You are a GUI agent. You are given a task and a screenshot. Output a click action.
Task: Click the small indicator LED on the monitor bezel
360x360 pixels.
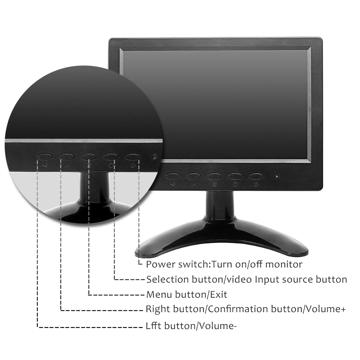tap(277, 177)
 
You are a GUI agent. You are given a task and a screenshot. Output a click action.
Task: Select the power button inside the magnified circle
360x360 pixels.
tap(133, 157)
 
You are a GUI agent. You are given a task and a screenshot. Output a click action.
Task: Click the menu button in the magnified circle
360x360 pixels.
tap(89, 157)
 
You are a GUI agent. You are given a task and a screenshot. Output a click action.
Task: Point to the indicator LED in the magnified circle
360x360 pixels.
tap(154, 157)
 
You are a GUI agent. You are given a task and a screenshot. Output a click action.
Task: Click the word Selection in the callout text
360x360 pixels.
tap(167, 279)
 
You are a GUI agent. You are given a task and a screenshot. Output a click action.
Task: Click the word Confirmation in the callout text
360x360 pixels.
tap(238, 309)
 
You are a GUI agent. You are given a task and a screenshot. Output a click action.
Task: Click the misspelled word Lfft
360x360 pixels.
tap(153, 326)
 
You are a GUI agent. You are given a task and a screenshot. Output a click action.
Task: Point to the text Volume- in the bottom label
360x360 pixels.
tap(218, 326)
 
